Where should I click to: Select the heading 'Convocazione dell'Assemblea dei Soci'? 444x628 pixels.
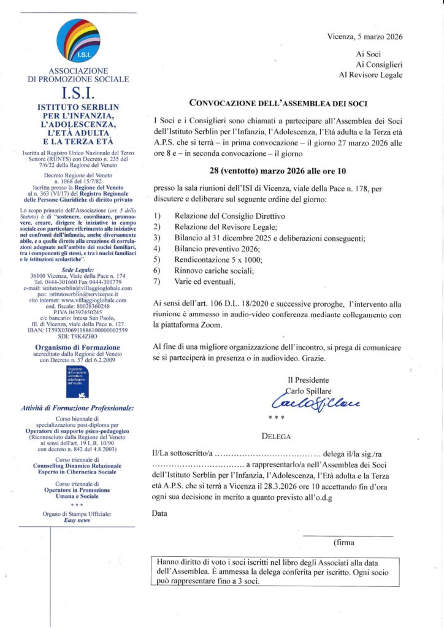point(278,102)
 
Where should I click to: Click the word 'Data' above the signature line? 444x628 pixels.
point(159,513)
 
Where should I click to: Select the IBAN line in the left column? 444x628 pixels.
point(78,330)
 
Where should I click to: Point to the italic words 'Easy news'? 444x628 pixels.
point(77,519)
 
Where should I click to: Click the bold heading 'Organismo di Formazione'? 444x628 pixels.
point(77,347)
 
